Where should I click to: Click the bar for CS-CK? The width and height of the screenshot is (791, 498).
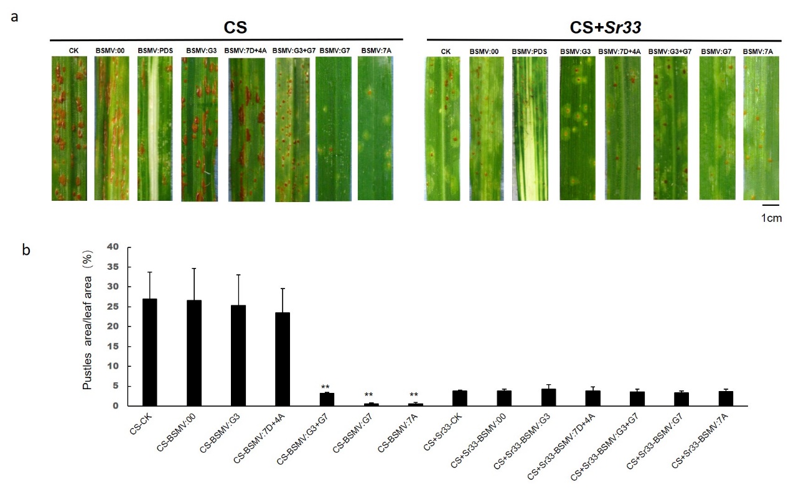[x=149, y=352]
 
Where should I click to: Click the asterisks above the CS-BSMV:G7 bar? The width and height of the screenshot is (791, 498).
[x=369, y=395]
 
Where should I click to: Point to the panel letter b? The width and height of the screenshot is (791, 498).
[x=26, y=250]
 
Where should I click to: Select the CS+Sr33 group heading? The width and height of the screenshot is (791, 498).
[x=600, y=27]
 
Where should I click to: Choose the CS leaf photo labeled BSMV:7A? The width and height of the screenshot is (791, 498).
[x=375, y=128]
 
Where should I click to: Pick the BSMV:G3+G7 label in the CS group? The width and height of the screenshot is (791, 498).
[x=291, y=50]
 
